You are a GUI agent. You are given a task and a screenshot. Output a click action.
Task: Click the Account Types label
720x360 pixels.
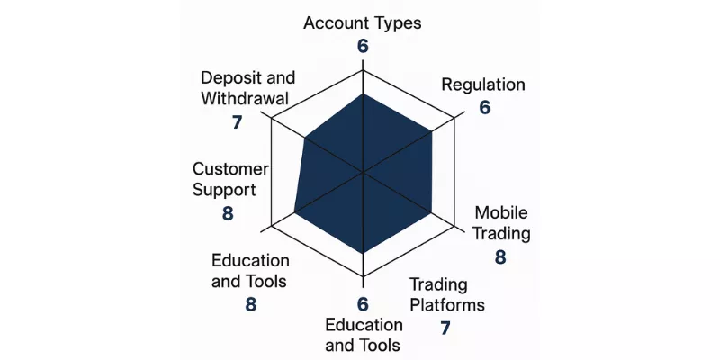363,23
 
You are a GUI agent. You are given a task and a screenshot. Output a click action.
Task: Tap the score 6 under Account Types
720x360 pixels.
363,47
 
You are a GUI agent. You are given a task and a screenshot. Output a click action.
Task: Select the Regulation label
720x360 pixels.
483,85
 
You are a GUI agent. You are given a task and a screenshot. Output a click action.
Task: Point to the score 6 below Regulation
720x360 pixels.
485,107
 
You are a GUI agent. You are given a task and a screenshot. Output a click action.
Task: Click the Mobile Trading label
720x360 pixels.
501,223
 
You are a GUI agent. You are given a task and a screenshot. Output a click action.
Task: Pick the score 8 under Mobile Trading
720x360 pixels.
500,257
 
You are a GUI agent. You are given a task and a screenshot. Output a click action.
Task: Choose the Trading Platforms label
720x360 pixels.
447,294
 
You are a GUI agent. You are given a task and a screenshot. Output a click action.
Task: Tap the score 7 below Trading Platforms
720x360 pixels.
445,328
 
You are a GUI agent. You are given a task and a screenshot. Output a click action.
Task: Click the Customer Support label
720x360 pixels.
230,179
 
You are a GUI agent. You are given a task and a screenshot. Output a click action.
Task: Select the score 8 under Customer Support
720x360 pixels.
228,213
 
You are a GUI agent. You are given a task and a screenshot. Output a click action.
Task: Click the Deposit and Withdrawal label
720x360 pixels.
248,87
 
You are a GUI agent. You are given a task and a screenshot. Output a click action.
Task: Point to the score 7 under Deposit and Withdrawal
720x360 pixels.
237,122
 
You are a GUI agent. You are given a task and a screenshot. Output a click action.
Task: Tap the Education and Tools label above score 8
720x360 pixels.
250,271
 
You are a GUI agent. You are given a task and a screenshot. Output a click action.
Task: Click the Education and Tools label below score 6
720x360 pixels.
364,335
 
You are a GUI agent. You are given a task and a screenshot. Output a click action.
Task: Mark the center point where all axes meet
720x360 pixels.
364,173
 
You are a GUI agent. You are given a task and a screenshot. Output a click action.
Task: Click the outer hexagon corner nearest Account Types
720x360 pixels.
364,71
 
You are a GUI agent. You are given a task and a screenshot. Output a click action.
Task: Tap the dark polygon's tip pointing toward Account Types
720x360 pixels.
364,94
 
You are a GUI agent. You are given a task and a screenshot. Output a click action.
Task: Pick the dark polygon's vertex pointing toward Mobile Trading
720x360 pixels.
432,213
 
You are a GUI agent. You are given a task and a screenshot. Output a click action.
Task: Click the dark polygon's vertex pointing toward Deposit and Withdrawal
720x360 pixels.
305,137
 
